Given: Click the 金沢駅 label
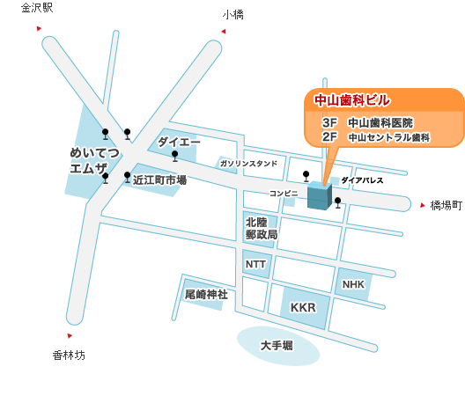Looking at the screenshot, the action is tap(37, 8).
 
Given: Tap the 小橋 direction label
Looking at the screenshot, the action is tap(233, 15).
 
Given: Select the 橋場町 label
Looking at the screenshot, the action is tap(447, 205).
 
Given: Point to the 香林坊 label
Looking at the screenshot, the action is tap(69, 356).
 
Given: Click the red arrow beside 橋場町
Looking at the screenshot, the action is tap(423, 205).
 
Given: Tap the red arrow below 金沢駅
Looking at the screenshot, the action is tap(39, 28).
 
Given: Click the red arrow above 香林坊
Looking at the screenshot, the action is tap(70, 335).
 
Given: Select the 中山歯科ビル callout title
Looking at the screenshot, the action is tap(352, 100).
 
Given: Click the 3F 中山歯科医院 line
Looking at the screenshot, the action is tap(368, 122).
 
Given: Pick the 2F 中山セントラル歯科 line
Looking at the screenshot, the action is tap(376, 137).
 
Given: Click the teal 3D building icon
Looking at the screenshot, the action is tap(320, 196).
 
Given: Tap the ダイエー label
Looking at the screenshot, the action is tap(179, 142).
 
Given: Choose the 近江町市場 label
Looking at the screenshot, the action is tap(159, 180).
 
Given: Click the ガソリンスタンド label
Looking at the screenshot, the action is tap(248, 164).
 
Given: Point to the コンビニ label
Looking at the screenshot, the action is tap(284, 194).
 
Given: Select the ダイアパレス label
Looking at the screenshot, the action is tap(362, 180).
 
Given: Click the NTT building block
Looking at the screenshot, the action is tap(256, 264).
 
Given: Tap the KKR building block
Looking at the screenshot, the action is tap(305, 308).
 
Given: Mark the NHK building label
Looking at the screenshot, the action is tap(353, 284).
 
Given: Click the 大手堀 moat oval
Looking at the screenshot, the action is tap(278, 346).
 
